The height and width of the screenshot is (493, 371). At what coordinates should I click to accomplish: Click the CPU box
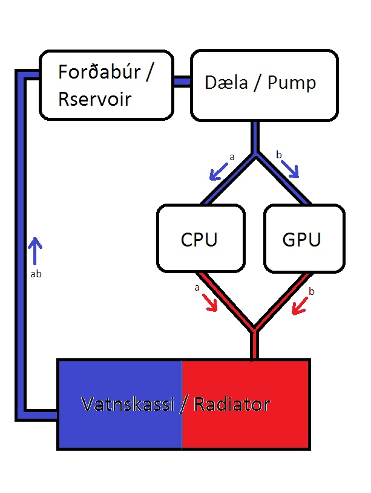pyautogui.click(x=200, y=238)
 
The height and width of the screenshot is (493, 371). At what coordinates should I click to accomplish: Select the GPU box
pyautogui.click(x=304, y=238)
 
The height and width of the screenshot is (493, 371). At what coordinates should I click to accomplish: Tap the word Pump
pyautogui.click(x=293, y=82)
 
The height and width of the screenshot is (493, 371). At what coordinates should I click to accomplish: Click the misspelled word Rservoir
pyautogui.click(x=94, y=98)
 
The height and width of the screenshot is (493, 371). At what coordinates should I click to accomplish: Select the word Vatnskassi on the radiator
pyautogui.click(x=128, y=404)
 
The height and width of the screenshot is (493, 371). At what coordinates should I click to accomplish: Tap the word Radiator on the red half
pyautogui.click(x=231, y=404)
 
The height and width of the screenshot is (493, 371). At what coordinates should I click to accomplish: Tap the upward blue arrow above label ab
pyautogui.click(x=35, y=251)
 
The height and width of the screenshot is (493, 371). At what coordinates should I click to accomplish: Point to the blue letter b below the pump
pyautogui.click(x=278, y=155)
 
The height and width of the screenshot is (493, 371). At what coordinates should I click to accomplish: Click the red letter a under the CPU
pyautogui.click(x=197, y=288)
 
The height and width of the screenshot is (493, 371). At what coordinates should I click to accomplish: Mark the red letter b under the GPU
pyautogui.click(x=312, y=292)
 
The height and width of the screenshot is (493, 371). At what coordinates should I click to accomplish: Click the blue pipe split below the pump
pyautogui.click(x=256, y=153)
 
